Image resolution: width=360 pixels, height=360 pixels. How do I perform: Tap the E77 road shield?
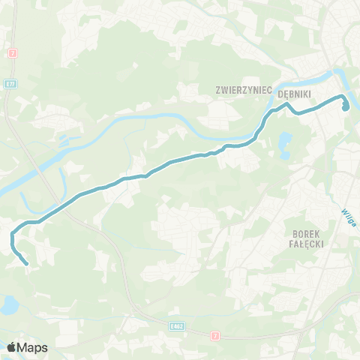[x=8, y=83]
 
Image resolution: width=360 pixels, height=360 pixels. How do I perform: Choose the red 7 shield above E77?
[x=13, y=53]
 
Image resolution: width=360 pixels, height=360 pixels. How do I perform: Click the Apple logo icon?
[x=11, y=347]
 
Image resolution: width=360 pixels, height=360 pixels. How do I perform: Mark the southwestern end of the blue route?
[x=27, y=263]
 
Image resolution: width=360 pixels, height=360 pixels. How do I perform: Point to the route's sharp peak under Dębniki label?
[x=286, y=104]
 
